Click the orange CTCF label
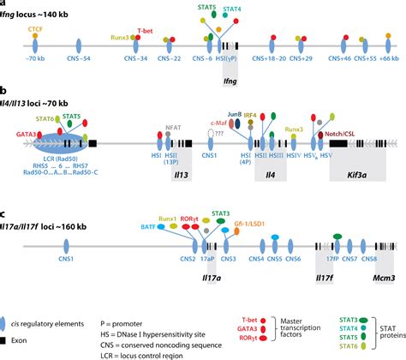(36, 29)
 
